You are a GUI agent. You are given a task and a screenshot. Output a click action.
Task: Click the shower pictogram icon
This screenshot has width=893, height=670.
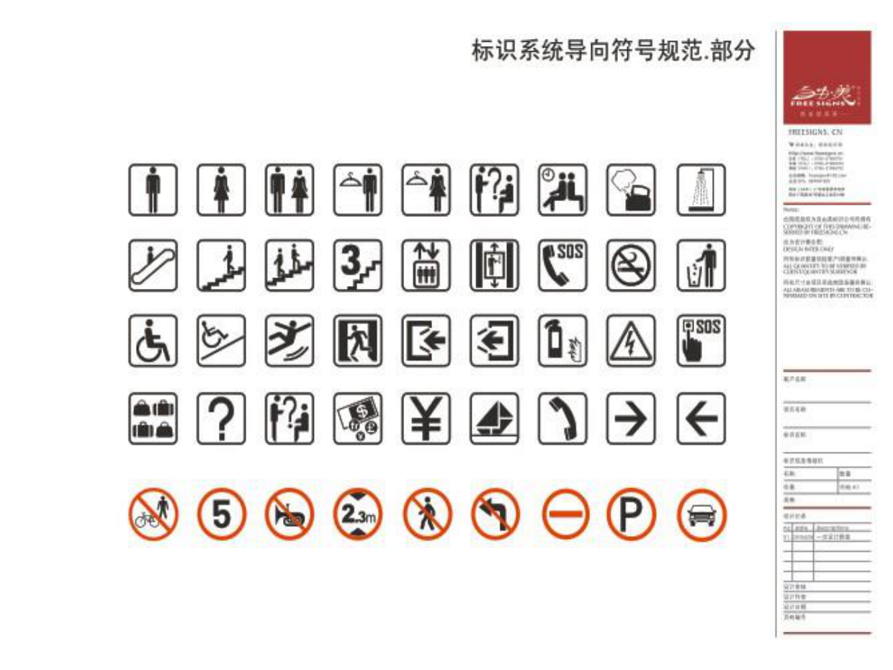coord(701,190)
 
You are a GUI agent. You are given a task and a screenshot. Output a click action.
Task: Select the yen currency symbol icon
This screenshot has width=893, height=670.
coord(426,419)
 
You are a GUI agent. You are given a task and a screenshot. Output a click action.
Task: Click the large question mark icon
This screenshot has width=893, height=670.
coord(221,419)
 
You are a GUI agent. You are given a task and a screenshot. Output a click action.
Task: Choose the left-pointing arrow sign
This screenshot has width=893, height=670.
coord(701,419)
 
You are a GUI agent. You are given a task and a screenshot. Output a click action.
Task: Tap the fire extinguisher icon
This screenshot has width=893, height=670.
coord(563,341)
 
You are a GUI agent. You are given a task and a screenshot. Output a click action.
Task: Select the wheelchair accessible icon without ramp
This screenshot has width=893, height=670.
coord(153,341)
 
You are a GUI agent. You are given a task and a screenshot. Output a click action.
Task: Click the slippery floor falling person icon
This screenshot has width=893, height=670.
coord(290,341)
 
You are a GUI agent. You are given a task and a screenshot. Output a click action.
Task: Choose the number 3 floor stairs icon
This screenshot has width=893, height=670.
coord(358,266)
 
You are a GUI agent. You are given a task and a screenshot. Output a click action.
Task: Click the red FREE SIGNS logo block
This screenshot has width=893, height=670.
coord(827,78)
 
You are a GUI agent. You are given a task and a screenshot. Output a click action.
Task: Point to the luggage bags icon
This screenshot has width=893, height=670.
coord(153,419)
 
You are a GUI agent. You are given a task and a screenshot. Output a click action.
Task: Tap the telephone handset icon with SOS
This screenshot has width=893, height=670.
coord(563,266)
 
